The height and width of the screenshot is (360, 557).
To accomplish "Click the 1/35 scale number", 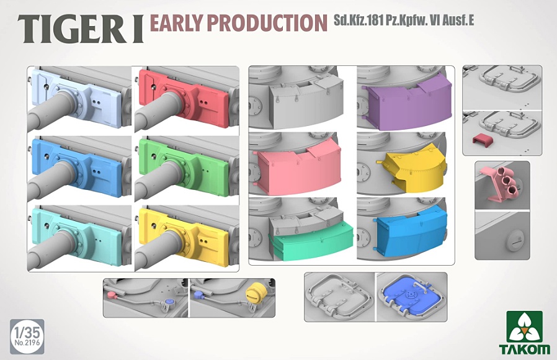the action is pyautogui.click(x=27, y=333).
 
